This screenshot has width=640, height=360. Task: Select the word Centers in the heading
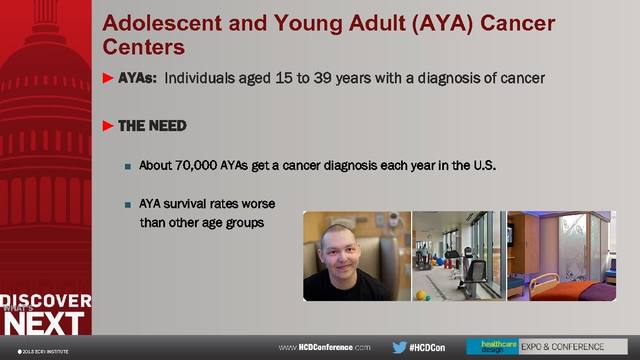coord(143,47)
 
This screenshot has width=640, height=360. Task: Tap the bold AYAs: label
coord(137,78)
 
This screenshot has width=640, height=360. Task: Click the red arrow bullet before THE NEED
coord(108,126)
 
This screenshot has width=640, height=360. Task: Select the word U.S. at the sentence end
coord(483,166)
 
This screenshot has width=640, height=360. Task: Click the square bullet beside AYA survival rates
coord(127,204)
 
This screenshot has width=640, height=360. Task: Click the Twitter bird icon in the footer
coord(399,347)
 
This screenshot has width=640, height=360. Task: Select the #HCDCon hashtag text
coord(427,348)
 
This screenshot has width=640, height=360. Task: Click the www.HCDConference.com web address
coord(324,347)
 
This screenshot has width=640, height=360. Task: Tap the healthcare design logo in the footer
coord(492,347)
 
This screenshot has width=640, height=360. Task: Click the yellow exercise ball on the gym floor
coord(421,294)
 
